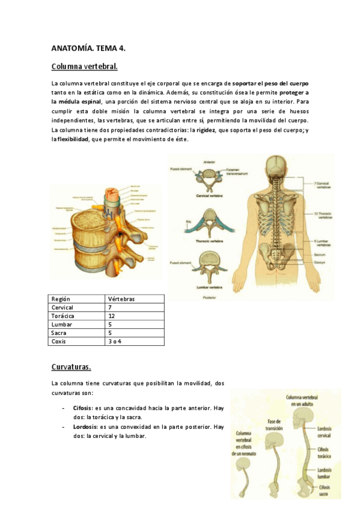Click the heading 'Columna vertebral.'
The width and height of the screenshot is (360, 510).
(x=84, y=66)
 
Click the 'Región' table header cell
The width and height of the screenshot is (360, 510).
(x=61, y=299)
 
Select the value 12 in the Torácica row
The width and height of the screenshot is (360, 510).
(x=112, y=316)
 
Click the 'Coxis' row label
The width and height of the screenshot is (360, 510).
(x=60, y=341)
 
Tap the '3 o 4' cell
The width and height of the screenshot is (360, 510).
(x=115, y=341)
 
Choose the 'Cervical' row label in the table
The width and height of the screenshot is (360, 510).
(x=63, y=307)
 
